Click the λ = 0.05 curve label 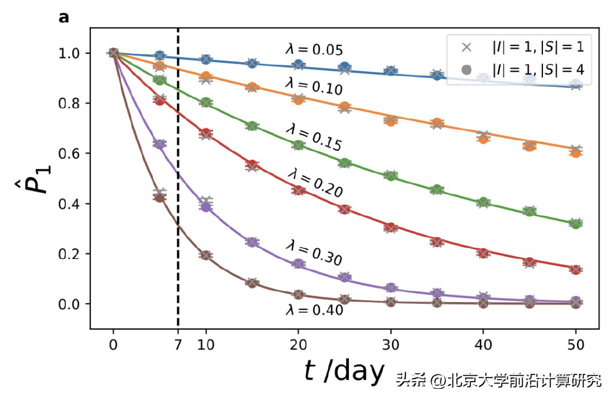coord(314,50)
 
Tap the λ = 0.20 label coord(314,182)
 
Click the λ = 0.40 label coord(314,310)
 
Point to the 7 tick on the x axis coord(178,345)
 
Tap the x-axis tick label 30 coord(391,345)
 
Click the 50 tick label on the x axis coord(576,345)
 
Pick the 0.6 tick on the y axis coord(71,154)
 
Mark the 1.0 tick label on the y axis coord(71,53)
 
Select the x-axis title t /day coord(344,371)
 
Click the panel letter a coord(63,18)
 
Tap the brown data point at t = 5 coord(159,197)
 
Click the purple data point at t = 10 coord(206,206)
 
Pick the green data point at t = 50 coord(576,224)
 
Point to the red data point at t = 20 coord(298,190)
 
